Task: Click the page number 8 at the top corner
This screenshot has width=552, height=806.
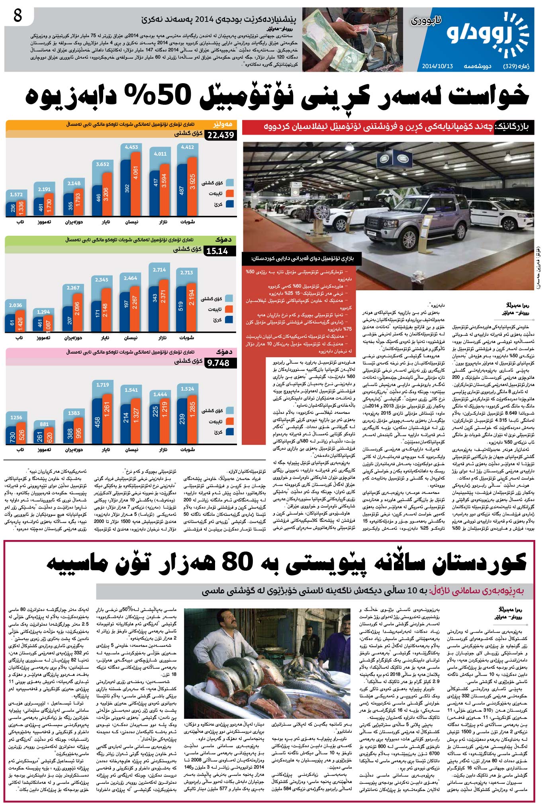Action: click(18, 16)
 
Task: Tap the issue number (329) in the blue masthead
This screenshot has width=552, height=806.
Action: click(511, 66)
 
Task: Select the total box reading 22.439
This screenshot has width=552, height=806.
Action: click(221, 135)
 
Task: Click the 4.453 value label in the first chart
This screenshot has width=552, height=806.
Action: click(131, 147)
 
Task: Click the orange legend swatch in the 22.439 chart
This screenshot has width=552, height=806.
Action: click(229, 193)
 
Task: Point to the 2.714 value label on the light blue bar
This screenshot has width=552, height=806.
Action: click(159, 270)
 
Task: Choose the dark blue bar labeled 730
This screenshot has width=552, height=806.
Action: click(12, 436)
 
